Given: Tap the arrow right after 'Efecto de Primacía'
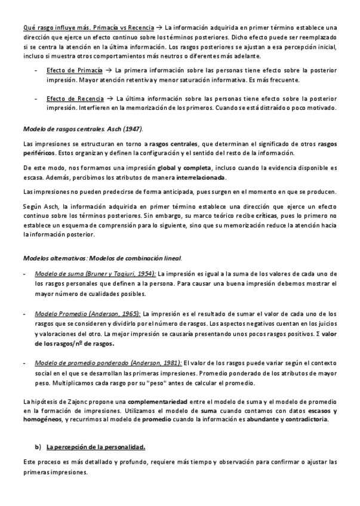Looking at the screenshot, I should tap(109, 70).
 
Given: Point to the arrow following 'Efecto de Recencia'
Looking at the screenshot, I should tap(110, 98).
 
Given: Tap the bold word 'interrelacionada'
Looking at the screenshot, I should tap(201, 177).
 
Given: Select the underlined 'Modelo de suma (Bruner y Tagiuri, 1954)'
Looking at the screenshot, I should tap(95, 273).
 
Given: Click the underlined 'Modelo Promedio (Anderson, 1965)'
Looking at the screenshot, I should tap(88, 313).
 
